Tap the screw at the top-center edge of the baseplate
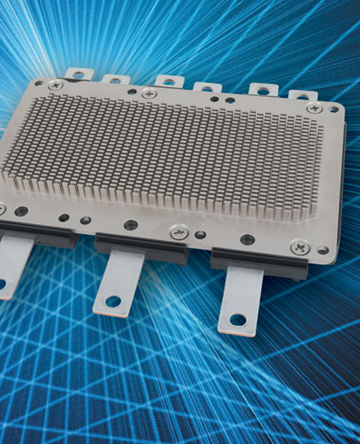pyautogui.click(x=149, y=94)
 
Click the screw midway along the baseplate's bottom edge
pyautogui.click(x=179, y=232)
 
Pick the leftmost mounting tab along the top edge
pyautogui.click(x=77, y=72)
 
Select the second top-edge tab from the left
pyautogui.click(x=117, y=77)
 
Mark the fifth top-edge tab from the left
pyautogui.click(x=262, y=89)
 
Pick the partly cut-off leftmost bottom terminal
pyautogui.click(x=12, y=263)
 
